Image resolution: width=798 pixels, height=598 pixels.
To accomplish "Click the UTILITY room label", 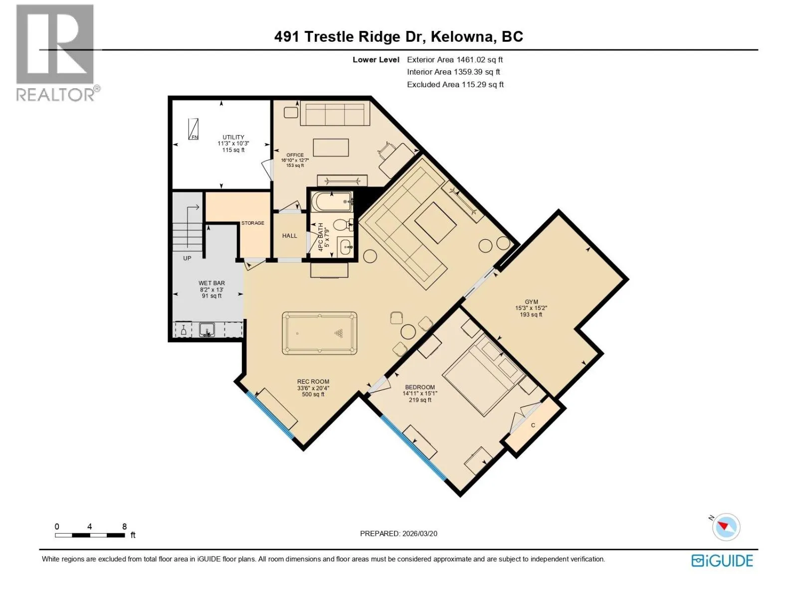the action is coord(233,137).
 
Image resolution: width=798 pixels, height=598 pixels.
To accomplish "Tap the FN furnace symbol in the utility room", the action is coord(194,129).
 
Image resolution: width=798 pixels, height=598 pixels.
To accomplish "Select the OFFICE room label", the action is coord(295,155).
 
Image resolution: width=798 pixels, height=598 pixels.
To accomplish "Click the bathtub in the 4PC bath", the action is coord(332,201).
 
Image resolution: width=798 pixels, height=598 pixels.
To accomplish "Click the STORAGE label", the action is coord(253,223).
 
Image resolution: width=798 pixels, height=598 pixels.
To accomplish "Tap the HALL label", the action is coord(289,236).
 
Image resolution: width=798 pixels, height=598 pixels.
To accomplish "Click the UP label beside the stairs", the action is coord(187,258).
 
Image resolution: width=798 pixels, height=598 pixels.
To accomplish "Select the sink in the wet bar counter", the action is coord(207,330).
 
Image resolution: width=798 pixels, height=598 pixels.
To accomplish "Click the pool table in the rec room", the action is coord(319,333).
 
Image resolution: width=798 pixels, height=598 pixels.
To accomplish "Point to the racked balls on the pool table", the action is coord(339,333).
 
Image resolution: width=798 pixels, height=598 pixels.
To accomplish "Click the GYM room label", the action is coord(531,301).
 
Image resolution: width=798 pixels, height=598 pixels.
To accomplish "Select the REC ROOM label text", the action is coord(313,382).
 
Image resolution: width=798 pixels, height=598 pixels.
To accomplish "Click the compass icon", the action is coord(726,527).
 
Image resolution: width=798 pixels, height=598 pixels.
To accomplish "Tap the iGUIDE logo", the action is coord(722,561).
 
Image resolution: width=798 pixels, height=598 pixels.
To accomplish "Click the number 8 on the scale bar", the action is coord(124,526).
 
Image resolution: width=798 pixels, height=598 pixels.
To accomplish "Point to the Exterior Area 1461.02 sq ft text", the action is coord(455,59).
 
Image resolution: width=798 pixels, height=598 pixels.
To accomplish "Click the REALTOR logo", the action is coord(57,53).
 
